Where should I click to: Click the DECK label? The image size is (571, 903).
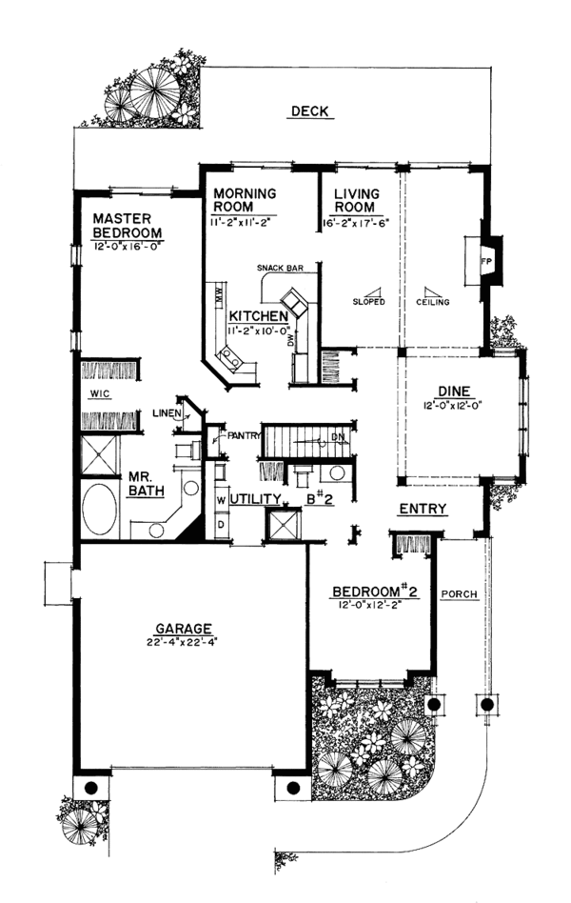click(309, 112)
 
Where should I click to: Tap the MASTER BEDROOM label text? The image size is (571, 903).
click(127, 226)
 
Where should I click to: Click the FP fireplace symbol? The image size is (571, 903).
click(484, 259)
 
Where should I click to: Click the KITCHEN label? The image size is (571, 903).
click(252, 315)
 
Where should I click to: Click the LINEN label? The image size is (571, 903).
click(166, 413)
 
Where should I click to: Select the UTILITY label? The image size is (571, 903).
click(255, 498)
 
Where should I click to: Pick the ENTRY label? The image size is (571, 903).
click(423, 509)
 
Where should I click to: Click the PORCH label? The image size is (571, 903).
click(460, 594)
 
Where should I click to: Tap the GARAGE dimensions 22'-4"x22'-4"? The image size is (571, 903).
click(185, 642)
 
